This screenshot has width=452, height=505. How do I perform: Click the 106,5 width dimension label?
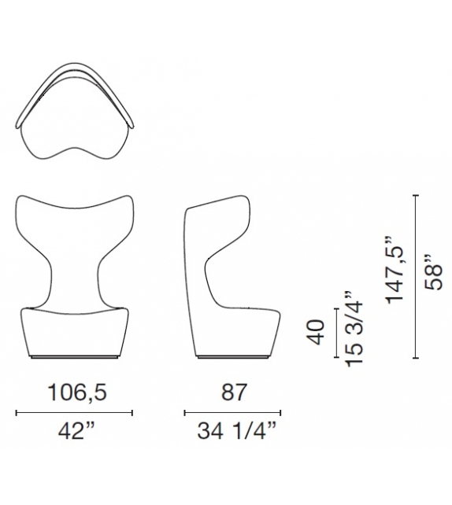[75, 391]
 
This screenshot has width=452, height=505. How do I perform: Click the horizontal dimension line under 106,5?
[75, 411]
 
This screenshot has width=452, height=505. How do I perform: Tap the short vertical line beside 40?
[336, 334]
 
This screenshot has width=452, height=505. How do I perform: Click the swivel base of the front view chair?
[75, 358]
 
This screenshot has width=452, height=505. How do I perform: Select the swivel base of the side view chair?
[228, 358]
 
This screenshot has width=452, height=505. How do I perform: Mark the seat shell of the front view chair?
[75, 330]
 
